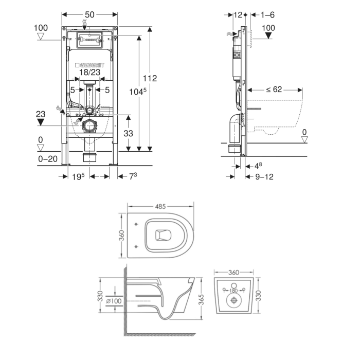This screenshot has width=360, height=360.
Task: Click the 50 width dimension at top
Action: tap(89, 15)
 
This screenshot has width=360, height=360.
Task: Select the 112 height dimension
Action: tap(150, 78)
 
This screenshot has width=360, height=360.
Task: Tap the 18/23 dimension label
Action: tap(90, 72)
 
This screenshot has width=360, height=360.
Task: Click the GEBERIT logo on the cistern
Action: tap(90, 65)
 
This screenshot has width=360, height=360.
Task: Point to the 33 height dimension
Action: tap(128, 133)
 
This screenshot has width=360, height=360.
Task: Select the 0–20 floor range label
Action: tap(48, 159)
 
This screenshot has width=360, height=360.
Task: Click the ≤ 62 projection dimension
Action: tap(274, 89)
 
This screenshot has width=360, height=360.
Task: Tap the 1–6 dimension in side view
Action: tap(268, 15)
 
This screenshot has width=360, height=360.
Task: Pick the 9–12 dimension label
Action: tap(264, 177)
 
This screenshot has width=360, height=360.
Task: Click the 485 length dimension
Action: tap(160, 207)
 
